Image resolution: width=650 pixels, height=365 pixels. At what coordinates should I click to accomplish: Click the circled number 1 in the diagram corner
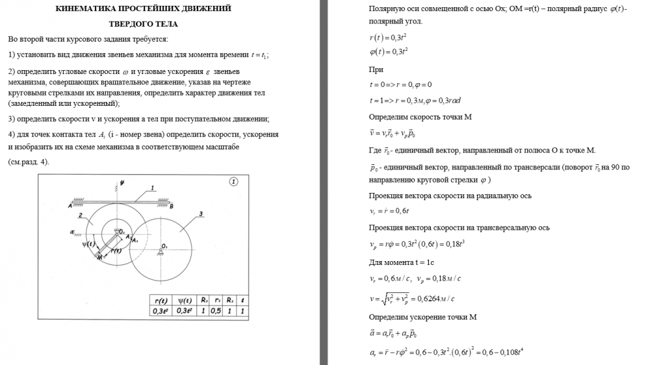233,181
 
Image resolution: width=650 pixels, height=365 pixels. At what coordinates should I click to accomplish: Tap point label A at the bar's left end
69,206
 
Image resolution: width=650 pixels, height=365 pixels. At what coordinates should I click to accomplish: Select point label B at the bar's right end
171,207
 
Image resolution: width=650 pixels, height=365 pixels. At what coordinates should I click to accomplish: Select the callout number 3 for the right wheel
202,213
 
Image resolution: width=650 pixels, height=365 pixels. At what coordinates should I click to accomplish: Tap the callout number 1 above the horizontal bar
152,188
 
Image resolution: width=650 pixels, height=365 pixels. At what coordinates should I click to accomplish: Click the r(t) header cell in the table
161,301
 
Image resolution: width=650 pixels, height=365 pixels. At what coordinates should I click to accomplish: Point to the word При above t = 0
375,69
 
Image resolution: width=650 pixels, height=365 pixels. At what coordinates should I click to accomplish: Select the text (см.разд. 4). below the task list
28,162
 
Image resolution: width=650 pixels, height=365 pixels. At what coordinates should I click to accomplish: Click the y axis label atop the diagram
122,182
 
